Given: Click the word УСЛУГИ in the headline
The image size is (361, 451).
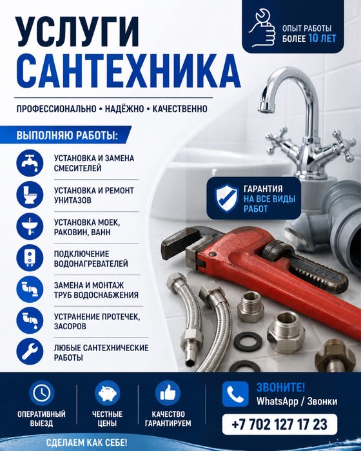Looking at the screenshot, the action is (x=78, y=32).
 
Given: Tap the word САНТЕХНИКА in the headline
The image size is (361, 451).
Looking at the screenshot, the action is (x=128, y=72).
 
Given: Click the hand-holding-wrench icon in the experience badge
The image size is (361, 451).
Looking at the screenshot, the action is (x=262, y=28).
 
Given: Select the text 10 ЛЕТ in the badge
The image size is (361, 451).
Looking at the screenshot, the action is (x=322, y=38).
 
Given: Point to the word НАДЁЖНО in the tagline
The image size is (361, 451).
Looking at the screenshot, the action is (x=124, y=109).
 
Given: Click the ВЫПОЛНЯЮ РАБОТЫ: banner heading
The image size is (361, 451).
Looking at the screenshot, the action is (x=67, y=135).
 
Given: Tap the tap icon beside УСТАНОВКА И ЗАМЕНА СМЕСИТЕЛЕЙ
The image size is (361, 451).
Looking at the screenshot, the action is (x=30, y=163).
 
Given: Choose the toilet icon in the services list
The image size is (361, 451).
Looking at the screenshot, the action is (x=30, y=195).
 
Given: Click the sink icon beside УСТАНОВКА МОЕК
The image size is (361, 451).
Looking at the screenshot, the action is (x=30, y=227).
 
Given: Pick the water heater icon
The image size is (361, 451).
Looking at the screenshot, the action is (x=30, y=258).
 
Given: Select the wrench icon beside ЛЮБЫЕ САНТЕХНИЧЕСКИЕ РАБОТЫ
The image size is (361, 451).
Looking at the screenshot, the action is (x=30, y=352).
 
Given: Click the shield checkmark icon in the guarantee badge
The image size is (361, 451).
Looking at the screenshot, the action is (x=227, y=198).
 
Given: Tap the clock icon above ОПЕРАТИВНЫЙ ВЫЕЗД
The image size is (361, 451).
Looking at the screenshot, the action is (x=42, y=392).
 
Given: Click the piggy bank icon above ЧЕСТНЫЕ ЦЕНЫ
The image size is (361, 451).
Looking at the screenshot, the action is (x=107, y=392).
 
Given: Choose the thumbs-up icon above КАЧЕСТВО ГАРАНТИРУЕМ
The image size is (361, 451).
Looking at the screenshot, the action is (x=168, y=392).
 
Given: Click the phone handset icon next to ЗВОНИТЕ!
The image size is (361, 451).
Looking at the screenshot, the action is (x=235, y=394).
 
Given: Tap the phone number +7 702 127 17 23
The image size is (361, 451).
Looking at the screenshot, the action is (x=279, y=425).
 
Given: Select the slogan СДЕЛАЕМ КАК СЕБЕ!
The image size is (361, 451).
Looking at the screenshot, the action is (x=86, y=443).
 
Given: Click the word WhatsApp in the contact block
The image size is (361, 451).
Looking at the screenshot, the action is (x=277, y=401).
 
